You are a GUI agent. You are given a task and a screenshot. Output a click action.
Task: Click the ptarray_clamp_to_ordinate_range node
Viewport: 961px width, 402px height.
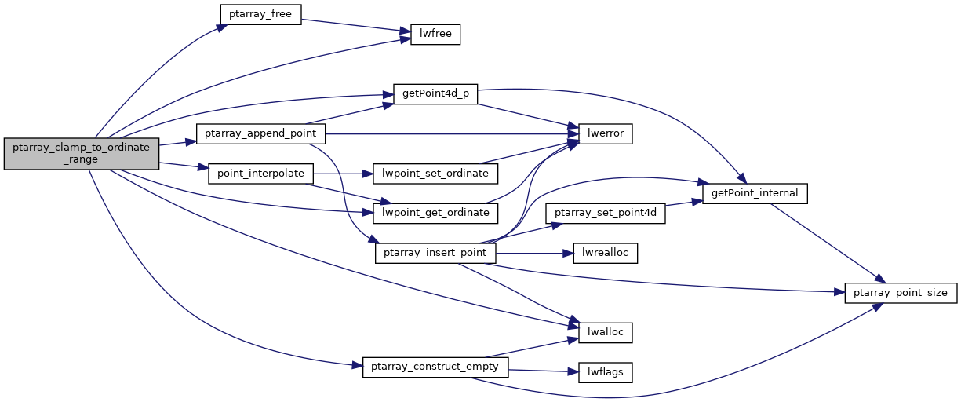point(82,153)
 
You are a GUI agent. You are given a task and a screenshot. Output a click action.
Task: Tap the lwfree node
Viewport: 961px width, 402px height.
point(435,35)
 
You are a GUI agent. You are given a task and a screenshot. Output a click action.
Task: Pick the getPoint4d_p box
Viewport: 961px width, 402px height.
point(435,93)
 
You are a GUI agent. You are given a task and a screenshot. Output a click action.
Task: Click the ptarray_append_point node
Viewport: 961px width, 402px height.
point(260,133)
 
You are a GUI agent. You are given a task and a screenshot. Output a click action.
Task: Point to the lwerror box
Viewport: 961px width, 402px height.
point(605,133)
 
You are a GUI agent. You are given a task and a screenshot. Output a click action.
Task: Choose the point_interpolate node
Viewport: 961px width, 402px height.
point(260,173)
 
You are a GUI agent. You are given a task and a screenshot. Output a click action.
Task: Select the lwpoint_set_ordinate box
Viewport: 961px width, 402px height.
point(435,173)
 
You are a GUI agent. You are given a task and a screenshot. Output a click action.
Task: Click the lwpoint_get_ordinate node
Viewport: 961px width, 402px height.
point(435,213)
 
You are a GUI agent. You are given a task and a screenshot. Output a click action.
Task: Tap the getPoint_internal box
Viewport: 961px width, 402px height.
point(755,192)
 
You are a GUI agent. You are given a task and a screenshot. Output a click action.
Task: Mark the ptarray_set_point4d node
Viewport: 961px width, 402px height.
point(606,213)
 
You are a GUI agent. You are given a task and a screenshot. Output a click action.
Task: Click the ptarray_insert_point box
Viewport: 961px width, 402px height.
point(435,253)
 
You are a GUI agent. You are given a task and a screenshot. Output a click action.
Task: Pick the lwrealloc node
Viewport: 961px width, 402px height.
point(605,253)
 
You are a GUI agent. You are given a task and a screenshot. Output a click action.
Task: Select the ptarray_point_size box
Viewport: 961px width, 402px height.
point(901,293)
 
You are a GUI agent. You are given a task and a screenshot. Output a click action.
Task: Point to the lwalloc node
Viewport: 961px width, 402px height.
point(605,332)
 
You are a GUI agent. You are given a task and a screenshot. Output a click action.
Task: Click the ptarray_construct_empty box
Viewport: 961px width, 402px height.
point(435,367)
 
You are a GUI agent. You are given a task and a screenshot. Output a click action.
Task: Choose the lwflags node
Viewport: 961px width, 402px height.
point(605,372)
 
